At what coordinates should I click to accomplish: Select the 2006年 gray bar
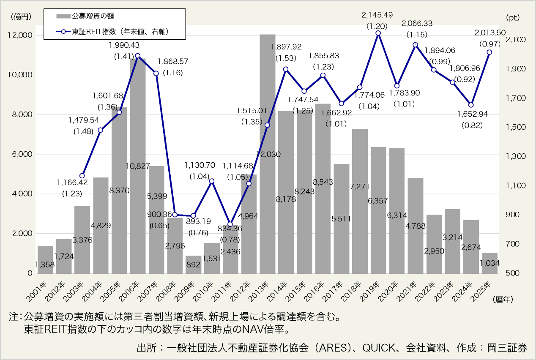point(138,169)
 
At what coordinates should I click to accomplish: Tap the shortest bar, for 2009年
point(193,265)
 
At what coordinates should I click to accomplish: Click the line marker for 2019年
point(378,33)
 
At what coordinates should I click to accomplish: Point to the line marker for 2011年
point(230,224)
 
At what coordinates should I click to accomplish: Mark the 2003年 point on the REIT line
point(82,176)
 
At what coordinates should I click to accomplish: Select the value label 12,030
point(267,154)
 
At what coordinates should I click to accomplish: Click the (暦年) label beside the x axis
point(502,300)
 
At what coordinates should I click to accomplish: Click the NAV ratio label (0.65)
point(159,225)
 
